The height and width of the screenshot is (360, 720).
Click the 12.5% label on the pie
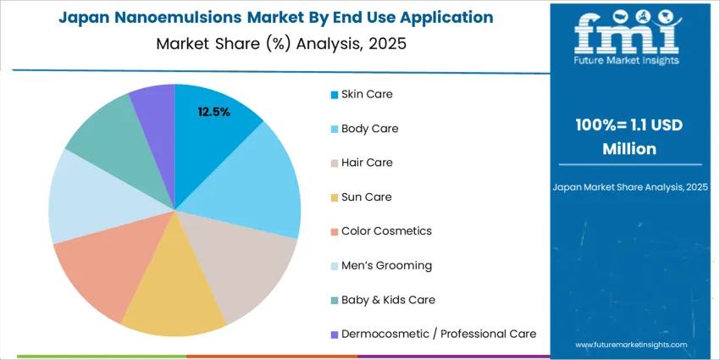213,112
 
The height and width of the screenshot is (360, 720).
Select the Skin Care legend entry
367,94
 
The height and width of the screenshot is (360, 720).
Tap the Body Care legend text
369,129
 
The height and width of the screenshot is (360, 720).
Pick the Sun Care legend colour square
335,197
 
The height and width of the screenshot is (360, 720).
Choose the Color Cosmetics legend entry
385,231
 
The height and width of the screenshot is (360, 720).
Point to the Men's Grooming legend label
386,265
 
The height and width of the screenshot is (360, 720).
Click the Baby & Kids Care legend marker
335,300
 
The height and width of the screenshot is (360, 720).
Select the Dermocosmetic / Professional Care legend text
438,334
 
